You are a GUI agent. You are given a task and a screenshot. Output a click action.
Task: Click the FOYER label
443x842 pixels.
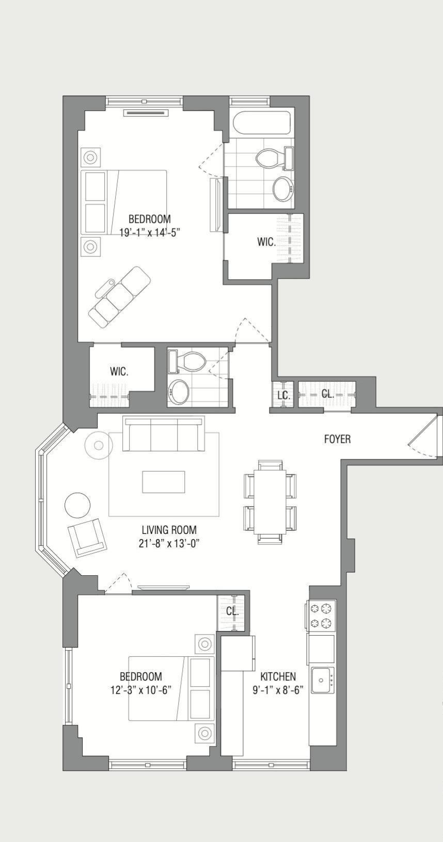[x=337, y=439]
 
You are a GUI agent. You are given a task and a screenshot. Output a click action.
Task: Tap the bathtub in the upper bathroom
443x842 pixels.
[x=261, y=123]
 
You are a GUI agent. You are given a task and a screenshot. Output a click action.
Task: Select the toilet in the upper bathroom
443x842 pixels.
[x=270, y=158]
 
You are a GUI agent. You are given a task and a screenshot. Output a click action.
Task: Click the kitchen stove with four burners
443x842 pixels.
[x=321, y=616]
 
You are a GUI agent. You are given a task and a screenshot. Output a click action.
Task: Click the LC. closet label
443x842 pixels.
[x=283, y=395]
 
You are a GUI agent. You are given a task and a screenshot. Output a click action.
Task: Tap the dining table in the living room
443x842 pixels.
[x=270, y=501]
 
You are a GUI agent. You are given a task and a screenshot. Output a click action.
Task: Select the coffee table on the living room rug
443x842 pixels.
[x=164, y=482]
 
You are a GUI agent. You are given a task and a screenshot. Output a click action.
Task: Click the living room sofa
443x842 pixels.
[x=163, y=433]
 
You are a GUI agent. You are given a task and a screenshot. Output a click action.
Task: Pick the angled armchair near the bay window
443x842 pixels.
[x=87, y=538]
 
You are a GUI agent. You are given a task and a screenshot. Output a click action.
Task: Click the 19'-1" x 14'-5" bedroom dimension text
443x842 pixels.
[x=149, y=232]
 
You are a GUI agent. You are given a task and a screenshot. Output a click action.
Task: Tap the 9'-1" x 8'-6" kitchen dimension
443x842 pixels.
[x=278, y=690]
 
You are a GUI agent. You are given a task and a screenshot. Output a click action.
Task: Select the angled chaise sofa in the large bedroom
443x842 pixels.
[x=119, y=297]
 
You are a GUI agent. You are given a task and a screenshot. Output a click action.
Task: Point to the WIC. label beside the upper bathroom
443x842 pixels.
[x=266, y=241]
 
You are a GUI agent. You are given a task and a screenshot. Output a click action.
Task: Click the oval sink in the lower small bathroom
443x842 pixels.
[x=179, y=392]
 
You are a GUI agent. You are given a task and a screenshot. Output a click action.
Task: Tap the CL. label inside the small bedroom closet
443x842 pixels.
[x=232, y=611]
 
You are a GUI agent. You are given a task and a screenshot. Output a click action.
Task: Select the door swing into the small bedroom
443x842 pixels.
[x=118, y=584]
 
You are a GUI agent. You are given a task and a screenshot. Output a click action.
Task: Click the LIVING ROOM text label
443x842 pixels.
[x=169, y=530]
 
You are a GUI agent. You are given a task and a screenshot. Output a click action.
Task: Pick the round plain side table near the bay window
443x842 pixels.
[x=77, y=505]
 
